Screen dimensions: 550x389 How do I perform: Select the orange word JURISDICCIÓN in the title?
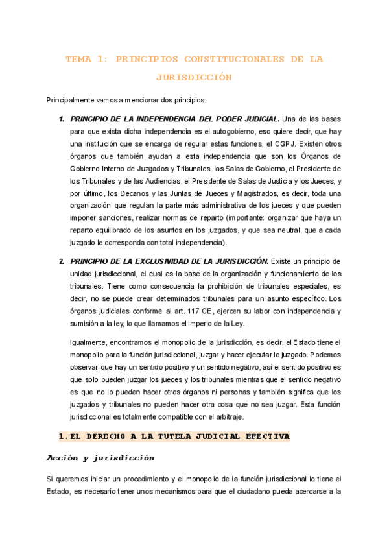[194, 77]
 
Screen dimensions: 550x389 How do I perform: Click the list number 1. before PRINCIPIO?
[62, 119]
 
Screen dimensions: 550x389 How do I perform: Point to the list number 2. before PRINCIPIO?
[62, 261]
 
